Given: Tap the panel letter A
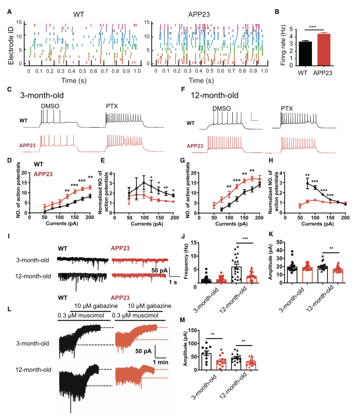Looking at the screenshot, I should pos(9,12).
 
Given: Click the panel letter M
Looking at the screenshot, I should pos(182,320).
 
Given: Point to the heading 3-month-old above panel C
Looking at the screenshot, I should pos(42,95).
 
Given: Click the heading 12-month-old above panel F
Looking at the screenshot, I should pos(214,95).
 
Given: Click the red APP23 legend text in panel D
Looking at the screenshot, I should pos(43,174).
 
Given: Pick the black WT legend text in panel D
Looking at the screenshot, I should pos(38,164).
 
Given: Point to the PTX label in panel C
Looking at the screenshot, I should pos(112,106).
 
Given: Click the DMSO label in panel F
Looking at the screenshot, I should pos(221,109).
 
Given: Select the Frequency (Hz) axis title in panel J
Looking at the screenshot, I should pos(186,261).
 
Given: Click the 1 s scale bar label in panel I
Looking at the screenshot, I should pos(173,282).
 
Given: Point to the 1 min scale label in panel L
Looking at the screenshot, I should pos(161,362).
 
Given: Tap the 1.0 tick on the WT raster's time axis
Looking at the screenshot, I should pos(137,71).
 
